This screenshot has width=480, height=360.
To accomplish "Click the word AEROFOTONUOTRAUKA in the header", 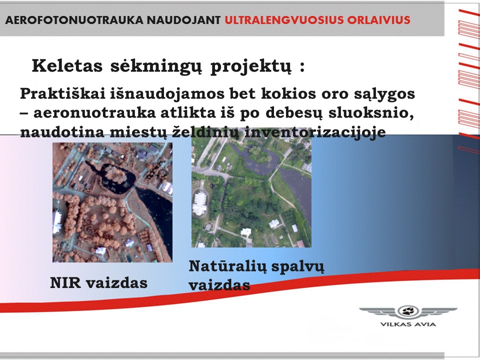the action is pos(74,20).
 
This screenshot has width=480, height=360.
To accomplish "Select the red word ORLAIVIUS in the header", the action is pos(378,20).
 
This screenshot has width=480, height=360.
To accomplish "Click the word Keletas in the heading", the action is pos(67,65).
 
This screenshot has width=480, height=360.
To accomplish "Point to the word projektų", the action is pos(250,66).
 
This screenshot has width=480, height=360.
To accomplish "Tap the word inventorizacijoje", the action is pos(315,132).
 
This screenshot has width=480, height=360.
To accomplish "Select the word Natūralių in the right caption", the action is pos(228,266).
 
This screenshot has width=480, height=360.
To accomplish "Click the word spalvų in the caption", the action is pos(297,267).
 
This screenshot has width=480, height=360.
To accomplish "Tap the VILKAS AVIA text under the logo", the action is pos(408,324).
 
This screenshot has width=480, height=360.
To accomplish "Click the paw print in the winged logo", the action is pos(408,311).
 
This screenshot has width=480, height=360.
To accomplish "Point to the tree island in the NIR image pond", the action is pos(115,175).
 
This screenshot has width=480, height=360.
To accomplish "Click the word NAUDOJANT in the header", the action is pos(183,20).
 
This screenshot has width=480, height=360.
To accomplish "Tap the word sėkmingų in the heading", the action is pos(156,66).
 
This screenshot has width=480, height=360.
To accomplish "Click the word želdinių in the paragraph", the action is pos(205,132).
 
